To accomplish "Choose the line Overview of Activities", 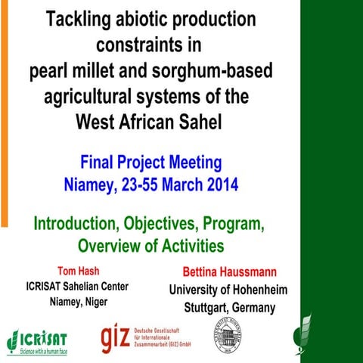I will (x=151, y=246).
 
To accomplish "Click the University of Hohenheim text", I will (x=227, y=290).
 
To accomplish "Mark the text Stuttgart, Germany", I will (x=229, y=308).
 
